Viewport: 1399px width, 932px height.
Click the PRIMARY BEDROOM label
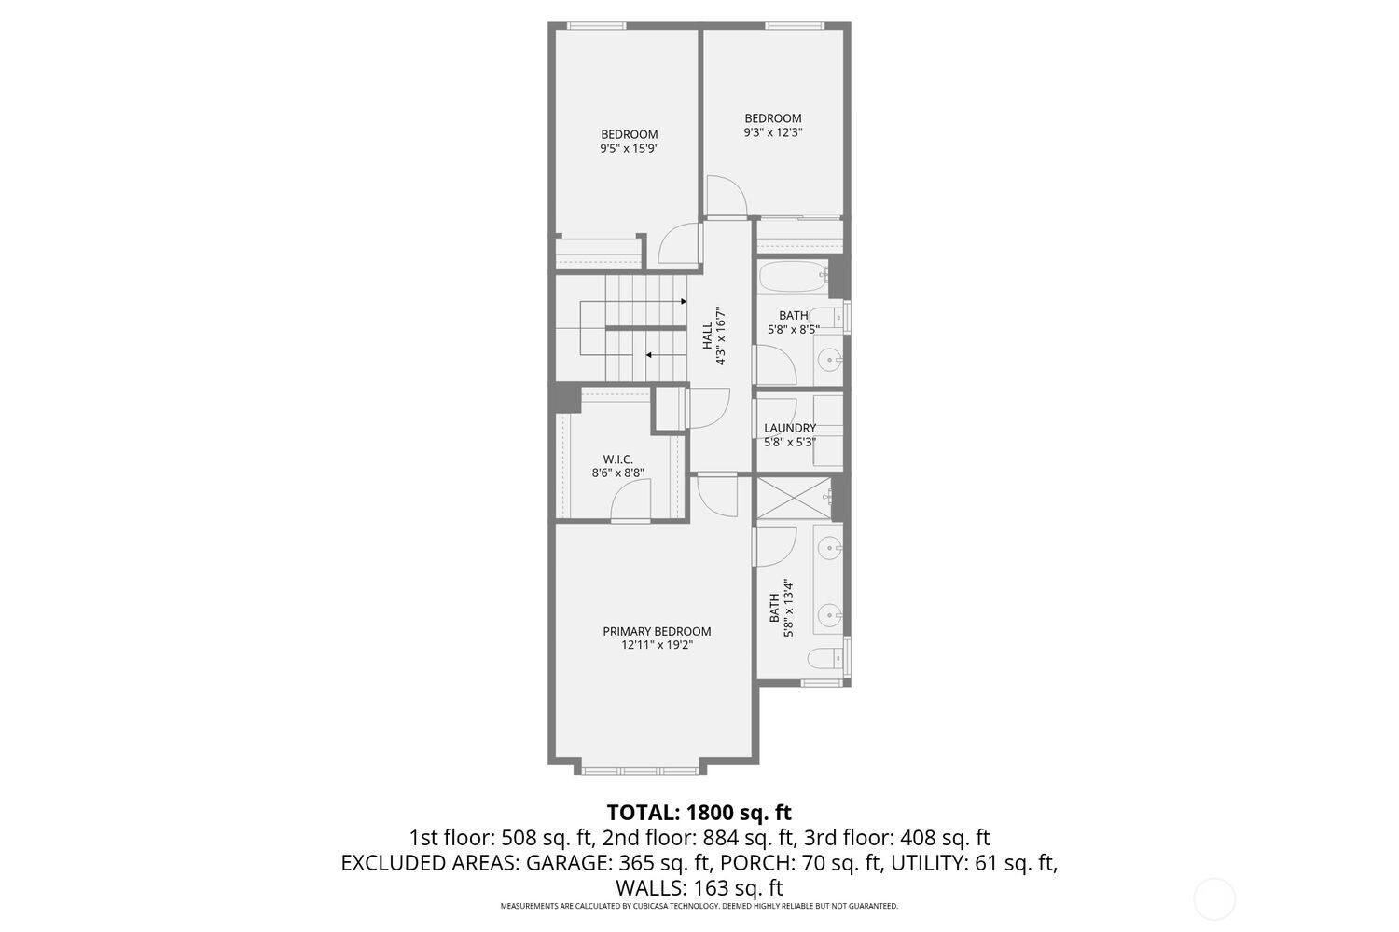[x=657, y=631]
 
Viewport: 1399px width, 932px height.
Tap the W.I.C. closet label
[x=617, y=459]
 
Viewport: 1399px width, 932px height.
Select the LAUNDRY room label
[x=790, y=428]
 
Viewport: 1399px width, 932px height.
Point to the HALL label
[x=707, y=336]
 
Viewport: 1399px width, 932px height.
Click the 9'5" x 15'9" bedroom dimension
[x=629, y=148]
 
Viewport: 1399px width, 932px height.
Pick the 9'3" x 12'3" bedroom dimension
[x=773, y=132]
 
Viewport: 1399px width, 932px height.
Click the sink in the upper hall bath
[x=828, y=358]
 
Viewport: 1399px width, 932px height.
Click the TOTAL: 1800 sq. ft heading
[x=699, y=813]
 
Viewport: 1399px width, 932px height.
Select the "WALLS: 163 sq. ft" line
[x=699, y=887]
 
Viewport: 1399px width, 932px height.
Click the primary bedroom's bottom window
[x=640, y=770]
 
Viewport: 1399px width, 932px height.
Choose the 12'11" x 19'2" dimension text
[x=657, y=645]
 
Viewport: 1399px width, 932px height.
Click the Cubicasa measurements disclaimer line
[x=699, y=906]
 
